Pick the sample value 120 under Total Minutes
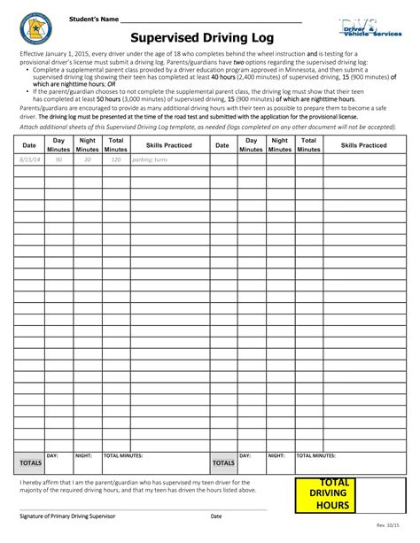click(x=116, y=159)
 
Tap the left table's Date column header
click(x=28, y=144)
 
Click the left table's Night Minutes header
click(x=87, y=144)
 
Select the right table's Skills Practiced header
click(x=362, y=144)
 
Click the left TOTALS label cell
click(x=29, y=462)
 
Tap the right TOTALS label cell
click(x=223, y=462)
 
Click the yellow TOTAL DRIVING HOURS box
click(x=328, y=494)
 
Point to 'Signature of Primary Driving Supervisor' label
click(x=74, y=515)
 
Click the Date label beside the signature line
click(x=216, y=515)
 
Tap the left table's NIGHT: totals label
click(x=83, y=454)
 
